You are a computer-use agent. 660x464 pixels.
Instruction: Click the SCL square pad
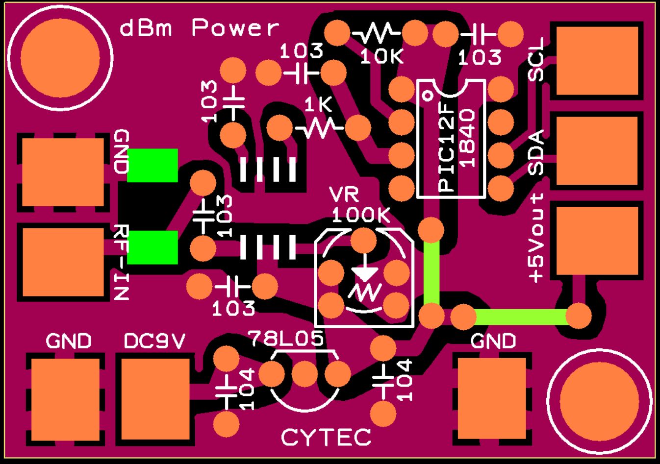pyautogui.click(x=597, y=61)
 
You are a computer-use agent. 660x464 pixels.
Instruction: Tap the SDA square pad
pyautogui.click(x=597, y=151)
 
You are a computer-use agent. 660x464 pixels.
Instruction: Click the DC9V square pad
pyautogui.click(x=155, y=399)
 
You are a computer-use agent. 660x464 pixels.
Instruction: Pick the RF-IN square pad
pyautogui.click(x=63, y=262)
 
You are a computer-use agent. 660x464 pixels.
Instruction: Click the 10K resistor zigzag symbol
pyautogui.click(x=376, y=33)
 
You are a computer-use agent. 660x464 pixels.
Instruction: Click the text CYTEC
pyautogui.click(x=326, y=437)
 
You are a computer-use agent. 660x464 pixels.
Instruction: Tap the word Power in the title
pyautogui.click(x=235, y=27)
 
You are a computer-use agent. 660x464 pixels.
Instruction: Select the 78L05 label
pyautogui.click(x=286, y=338)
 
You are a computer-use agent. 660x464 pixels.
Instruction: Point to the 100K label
pyautogui.click(x=361, y=215)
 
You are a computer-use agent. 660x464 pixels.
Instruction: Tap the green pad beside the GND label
pyautogui.click(x=152, y=166)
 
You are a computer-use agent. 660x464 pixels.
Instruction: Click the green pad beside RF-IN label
pyautogui.click(x=152, y=247)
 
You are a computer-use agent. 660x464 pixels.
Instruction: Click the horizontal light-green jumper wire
pyautogui.click(x=521, y=317)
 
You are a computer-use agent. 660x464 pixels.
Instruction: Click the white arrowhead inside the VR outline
pyautogui.click(x=366, y=273)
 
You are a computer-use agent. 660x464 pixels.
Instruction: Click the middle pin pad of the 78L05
pyautogui.click(x=305, y=373)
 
